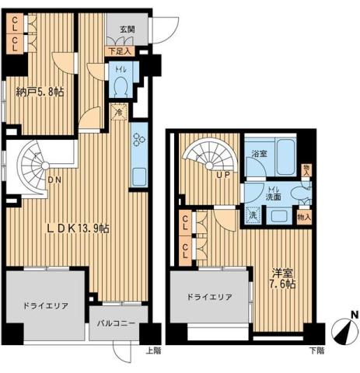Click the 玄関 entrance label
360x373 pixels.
coord(127,31)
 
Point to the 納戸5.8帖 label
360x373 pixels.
coord(40,92)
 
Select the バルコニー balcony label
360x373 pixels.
coord(117,323)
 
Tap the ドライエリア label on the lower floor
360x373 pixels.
coord(209,298)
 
